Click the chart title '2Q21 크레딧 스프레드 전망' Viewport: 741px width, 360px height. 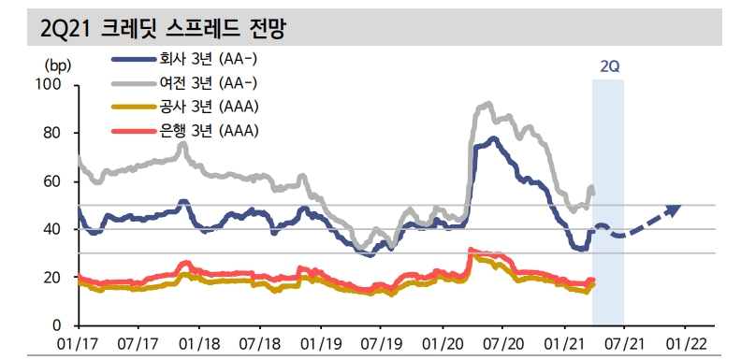tap(163, 28)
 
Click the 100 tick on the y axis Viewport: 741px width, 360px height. tap(48, 85)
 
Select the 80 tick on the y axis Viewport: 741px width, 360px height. tap(51, 134)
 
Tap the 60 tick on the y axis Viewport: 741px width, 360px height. tap(51, 181)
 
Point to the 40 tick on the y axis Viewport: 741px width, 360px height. tap(51, 230)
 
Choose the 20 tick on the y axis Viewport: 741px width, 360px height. tap(51, 278)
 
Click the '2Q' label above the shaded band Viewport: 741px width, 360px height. tap(609, 67)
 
